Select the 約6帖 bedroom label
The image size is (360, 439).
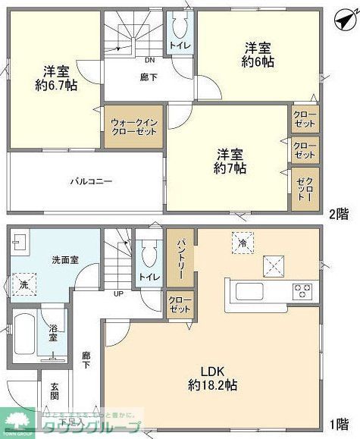258,62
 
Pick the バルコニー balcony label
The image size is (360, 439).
92,182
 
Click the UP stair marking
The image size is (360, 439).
118,293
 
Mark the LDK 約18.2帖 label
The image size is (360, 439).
213,378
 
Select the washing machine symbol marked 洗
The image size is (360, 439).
24,285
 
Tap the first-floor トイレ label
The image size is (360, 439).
148,278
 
